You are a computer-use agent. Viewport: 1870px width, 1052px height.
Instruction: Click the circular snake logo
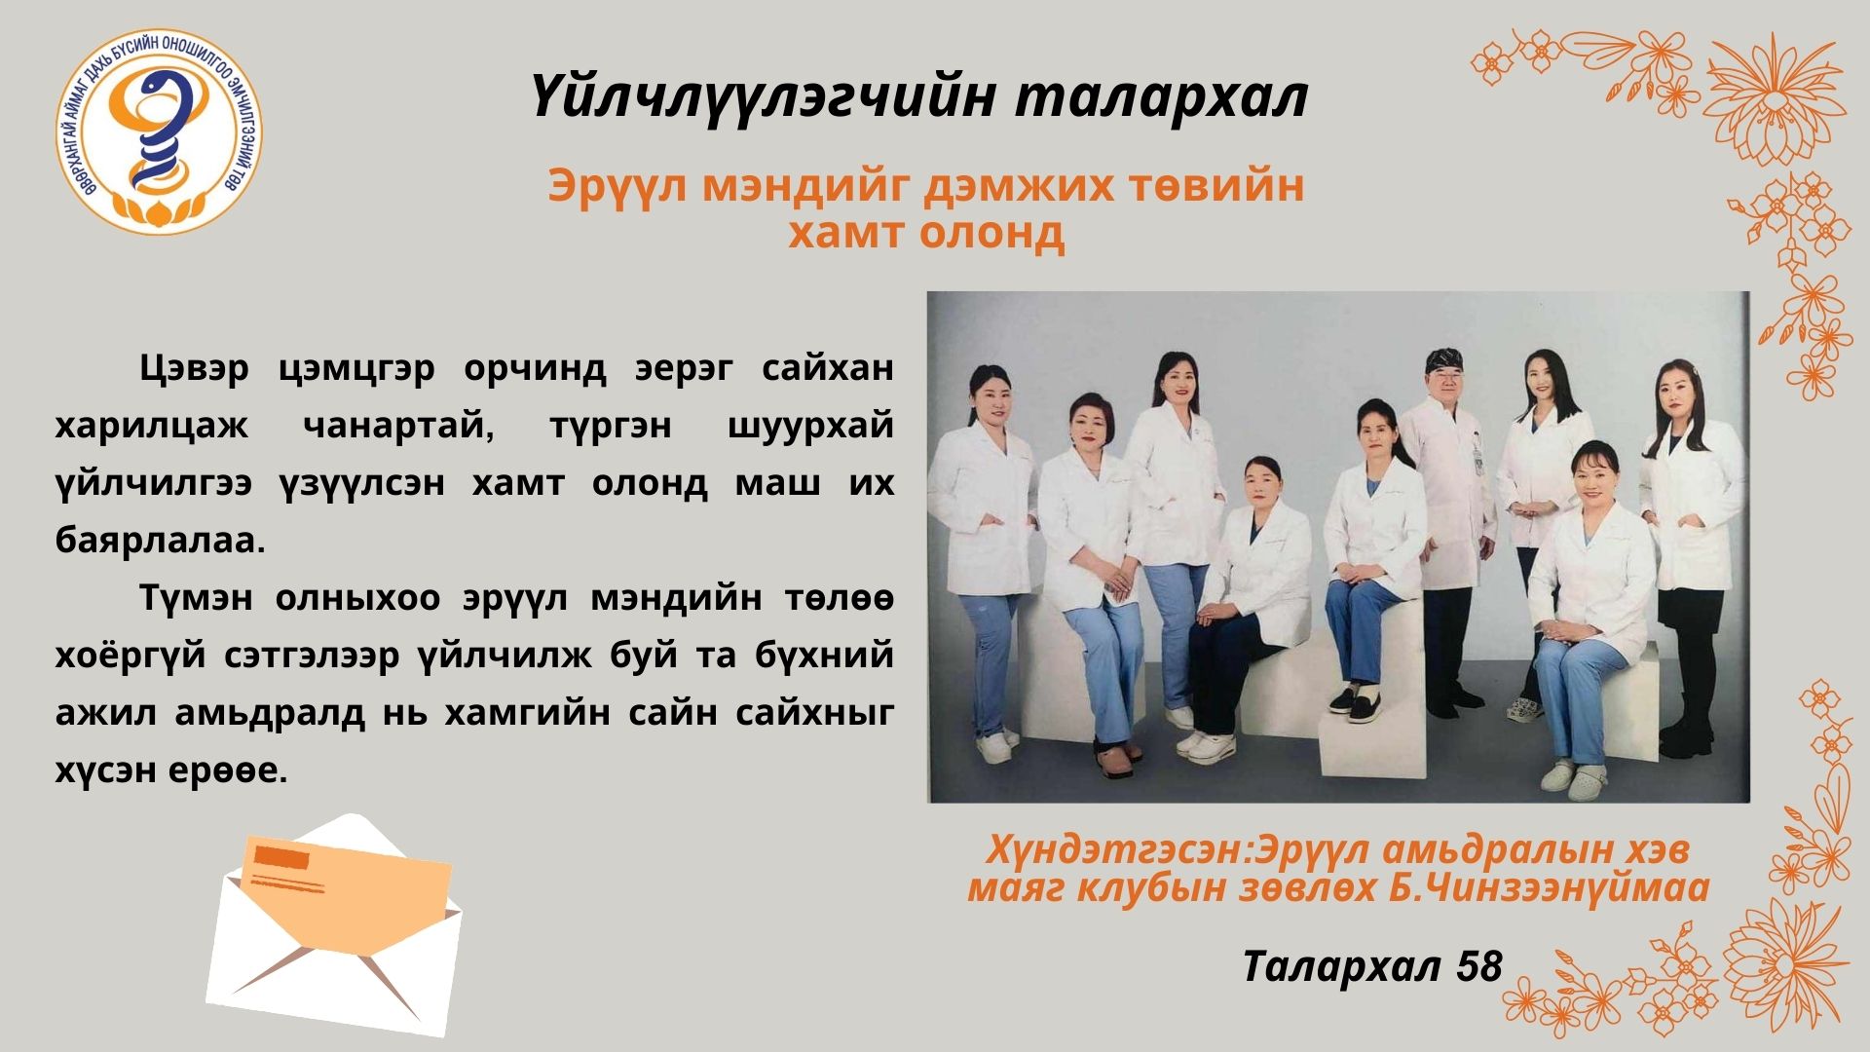[x=159, y=131]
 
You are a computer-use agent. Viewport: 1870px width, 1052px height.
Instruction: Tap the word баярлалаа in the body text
[x=161, y=540]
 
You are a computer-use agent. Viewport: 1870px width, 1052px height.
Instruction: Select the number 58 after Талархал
[x=1478, y=965]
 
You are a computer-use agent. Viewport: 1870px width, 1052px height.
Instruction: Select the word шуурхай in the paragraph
[x=810, y=426]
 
